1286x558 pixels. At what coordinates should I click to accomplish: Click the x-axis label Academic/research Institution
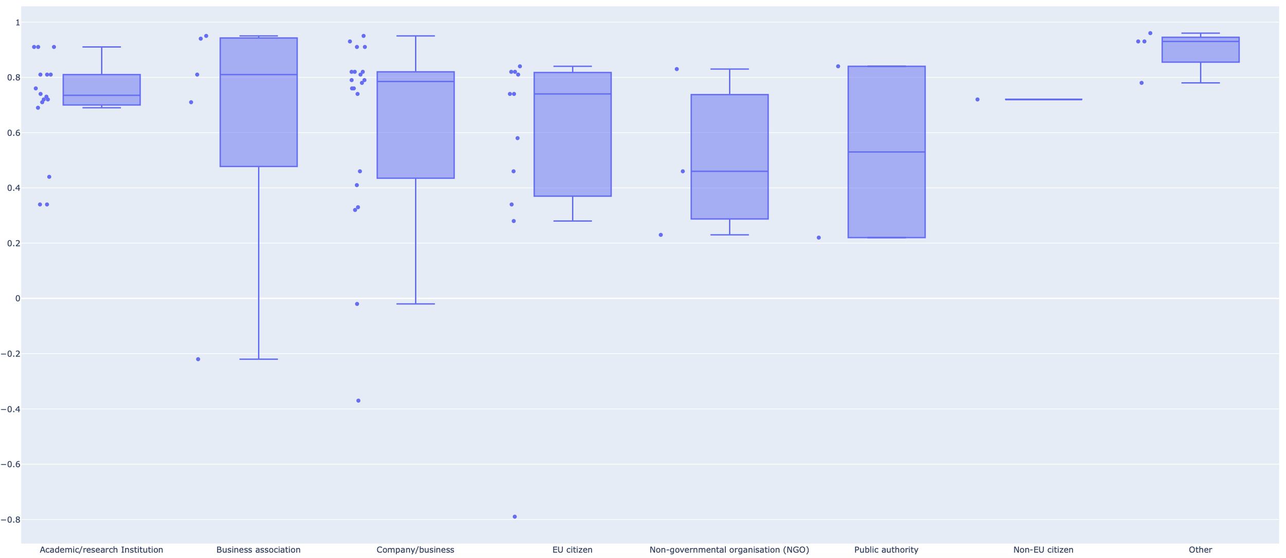pos(101,550)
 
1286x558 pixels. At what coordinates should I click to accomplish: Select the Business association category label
pos(258,550)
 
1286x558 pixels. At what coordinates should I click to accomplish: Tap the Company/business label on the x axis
pos(415,550)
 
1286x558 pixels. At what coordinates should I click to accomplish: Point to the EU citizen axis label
pos(573,550)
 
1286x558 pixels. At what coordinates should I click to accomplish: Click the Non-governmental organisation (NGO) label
pos(729,550)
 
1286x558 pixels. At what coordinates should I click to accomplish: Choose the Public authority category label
pos(886,550)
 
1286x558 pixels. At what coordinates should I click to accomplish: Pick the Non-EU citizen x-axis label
pos(1043,550)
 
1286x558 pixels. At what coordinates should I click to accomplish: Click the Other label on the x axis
pos(1200,550)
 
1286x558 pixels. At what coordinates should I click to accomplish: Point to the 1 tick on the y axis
pos(17,23)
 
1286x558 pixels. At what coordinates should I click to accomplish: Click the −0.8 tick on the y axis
pos(10,519)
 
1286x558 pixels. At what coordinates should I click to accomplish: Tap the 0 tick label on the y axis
pos(17,299)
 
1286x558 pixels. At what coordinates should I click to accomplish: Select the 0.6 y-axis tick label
pos(14,133)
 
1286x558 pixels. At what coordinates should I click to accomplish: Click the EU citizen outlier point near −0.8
pos(514,517)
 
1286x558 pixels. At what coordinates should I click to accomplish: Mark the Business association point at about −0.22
pos(198,359)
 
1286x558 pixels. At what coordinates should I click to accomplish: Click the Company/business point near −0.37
pos(359,401)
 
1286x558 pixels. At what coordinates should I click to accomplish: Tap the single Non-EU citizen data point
pos(977,100)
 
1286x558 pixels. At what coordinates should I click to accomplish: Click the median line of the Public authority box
pos(886,152)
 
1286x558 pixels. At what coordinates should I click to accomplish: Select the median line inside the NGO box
pos(729,171)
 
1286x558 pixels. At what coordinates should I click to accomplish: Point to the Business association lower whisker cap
pos(258,359)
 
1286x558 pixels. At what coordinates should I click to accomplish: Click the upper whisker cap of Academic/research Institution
pos(101,47)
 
